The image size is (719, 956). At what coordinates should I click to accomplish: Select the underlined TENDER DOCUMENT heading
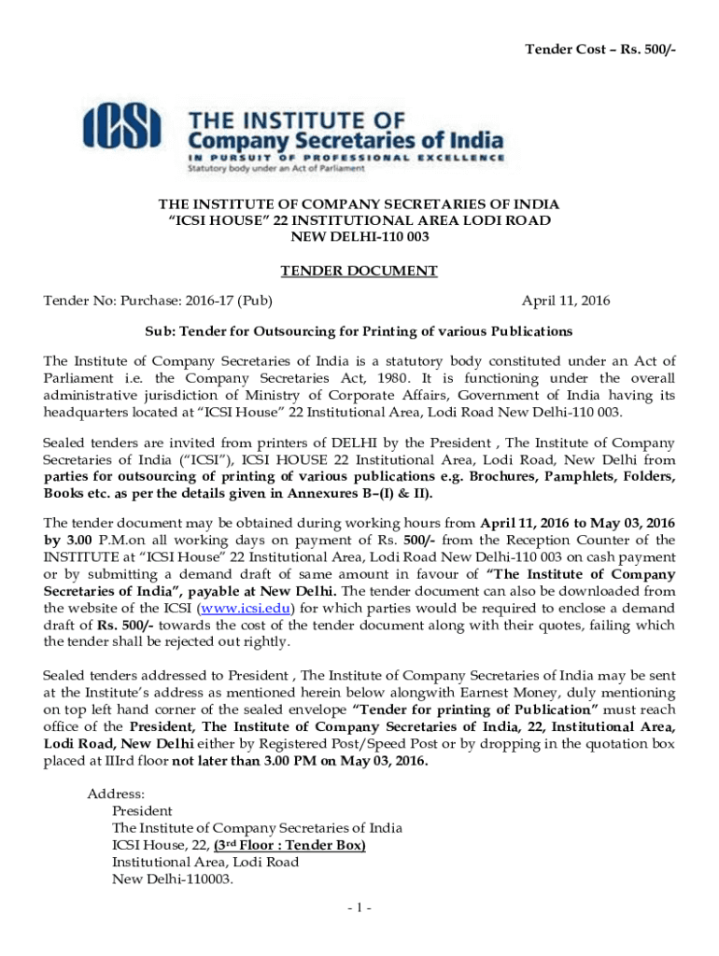coord(359,271)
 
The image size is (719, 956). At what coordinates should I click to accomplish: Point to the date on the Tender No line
coord(566,301)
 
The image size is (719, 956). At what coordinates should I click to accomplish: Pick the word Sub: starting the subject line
coord(160,331)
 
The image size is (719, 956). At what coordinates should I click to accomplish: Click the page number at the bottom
coord(359,907)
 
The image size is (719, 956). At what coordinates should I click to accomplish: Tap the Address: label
coord(116,794)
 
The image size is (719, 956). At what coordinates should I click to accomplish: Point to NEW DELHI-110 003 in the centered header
coord(359,237)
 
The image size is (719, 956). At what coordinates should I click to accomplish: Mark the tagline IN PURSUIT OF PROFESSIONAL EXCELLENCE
coord(345,159)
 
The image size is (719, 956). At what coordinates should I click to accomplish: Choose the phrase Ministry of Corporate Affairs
coord(331,395)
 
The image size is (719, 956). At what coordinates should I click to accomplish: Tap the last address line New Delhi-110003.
coord(172,879)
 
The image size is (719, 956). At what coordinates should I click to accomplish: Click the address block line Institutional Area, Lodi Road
coord(205,862)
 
